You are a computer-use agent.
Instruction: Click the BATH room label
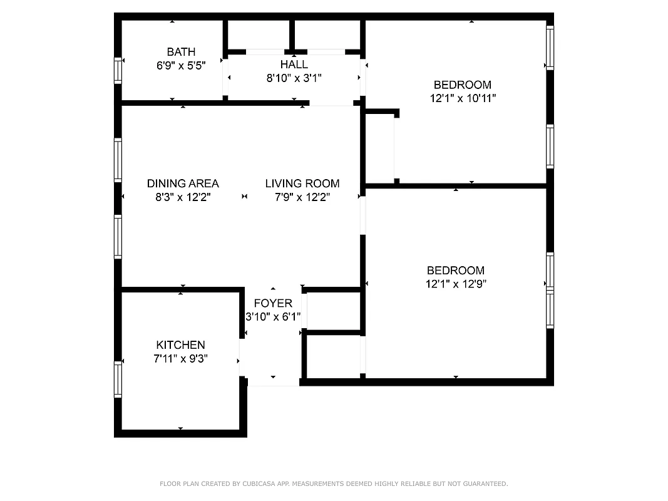pos(181,52)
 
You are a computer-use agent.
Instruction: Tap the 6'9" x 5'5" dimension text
pos(181,65)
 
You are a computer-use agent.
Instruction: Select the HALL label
pos(294,65)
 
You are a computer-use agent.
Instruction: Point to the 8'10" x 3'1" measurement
pos(294,78)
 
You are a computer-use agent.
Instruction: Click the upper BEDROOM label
pos(463,85)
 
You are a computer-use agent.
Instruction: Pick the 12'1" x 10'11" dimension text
pos(463,98)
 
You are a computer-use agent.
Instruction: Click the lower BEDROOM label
pos(455,271)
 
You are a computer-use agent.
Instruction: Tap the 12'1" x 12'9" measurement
pos(455,284)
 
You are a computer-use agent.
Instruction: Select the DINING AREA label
pos(183,183)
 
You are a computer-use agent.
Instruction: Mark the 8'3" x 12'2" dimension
pos(183,197)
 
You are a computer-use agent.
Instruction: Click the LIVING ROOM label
pos(302,183)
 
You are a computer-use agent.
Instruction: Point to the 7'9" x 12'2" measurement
pos(302,197)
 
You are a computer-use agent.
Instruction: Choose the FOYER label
pos(273,303)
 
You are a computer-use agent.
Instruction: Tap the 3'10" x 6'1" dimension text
pos(273,317)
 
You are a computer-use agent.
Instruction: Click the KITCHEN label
pos(180,345)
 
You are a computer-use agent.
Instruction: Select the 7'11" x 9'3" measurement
pos(180,359)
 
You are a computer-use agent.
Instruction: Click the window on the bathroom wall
pos(117,70)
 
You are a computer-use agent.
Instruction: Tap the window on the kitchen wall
pos(117,380)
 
